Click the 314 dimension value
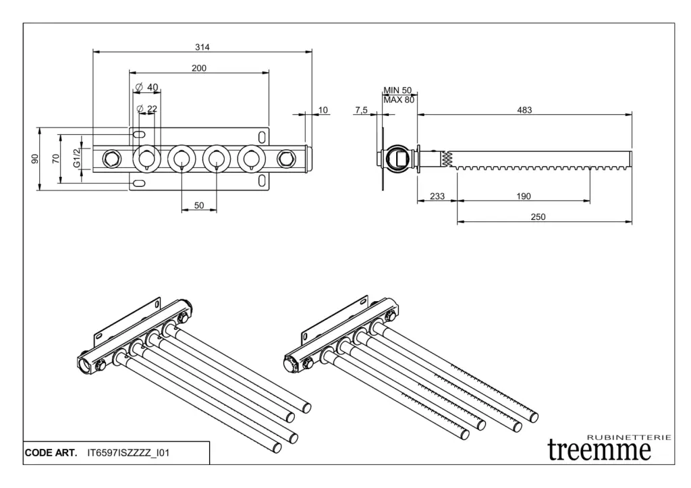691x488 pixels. coord(202,47)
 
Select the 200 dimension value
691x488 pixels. coord(199,68)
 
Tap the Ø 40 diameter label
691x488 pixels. coord(146,87)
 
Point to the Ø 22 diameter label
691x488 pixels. coord(146,109)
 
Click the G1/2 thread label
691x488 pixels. coord(77,159)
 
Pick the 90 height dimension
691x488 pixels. coord(35,159)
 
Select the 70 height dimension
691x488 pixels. coord(57,159)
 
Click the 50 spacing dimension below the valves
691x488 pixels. coord(199,206)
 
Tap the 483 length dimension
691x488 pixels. coord(524,110)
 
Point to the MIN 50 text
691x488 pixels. coord(397,90)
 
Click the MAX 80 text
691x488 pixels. coord(398,100)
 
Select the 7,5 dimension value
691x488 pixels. coord(361,110)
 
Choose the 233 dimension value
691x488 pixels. coord(437,196)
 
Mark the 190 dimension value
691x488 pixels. coord(523,196)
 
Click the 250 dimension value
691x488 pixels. coord(538,217)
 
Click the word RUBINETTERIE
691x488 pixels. coord(630,437)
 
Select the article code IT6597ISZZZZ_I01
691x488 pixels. coord(128,453)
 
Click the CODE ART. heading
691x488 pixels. coord(51,453)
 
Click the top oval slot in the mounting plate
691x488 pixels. coord(138,134)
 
